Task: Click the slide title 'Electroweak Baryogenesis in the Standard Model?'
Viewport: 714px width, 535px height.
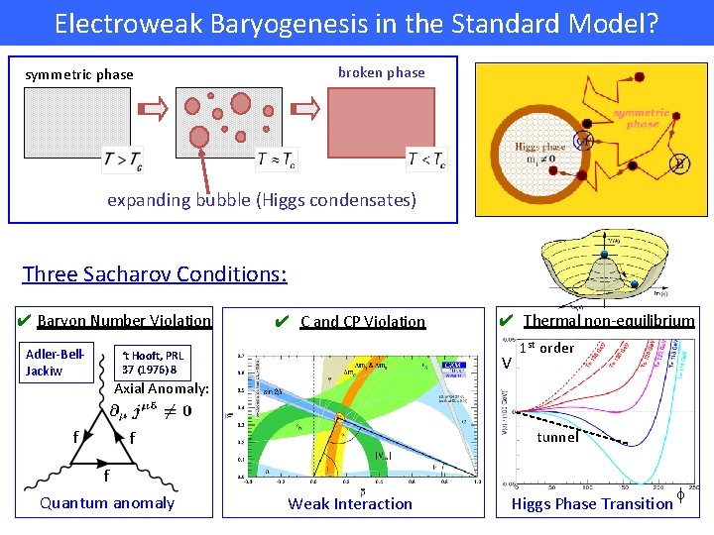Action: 356,23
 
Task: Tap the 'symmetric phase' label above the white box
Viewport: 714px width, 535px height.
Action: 79,75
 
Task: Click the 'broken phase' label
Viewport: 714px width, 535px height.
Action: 381,72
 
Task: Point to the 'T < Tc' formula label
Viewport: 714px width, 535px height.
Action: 426,158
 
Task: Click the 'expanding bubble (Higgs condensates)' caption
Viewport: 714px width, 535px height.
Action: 262,200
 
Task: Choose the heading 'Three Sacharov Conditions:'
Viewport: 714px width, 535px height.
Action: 155,273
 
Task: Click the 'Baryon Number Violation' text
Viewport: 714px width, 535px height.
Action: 124,320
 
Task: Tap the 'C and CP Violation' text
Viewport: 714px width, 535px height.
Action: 363,321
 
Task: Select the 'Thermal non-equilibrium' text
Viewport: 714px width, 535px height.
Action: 609,320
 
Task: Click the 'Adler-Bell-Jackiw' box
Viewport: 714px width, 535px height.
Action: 56,363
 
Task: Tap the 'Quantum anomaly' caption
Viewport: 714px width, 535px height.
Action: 107,503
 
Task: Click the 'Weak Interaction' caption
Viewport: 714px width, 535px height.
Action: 350,504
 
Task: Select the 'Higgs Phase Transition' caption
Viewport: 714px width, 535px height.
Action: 592,504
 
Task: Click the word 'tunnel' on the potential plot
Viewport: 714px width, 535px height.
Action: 557,437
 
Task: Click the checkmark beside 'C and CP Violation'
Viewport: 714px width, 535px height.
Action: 282,321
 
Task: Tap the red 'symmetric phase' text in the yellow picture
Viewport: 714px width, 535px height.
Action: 643,118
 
